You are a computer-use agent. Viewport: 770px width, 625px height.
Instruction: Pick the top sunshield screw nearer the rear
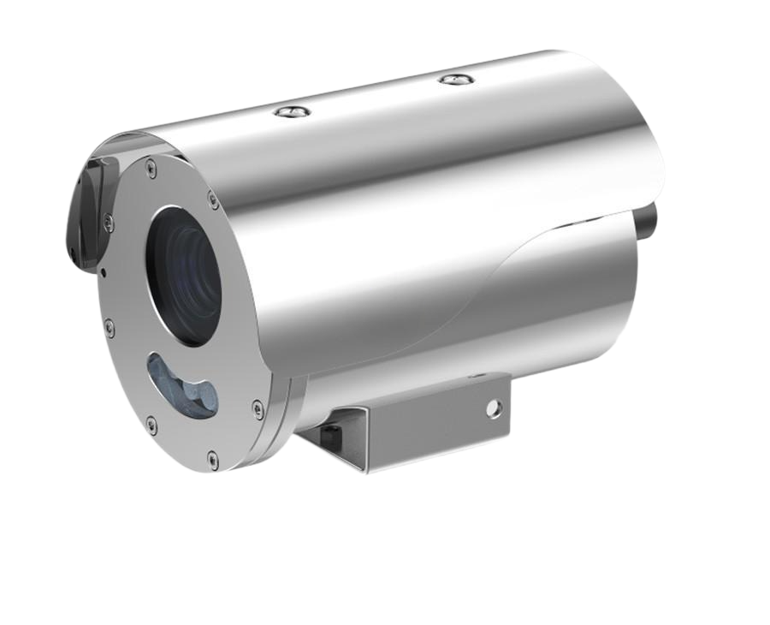[x=456, y=79]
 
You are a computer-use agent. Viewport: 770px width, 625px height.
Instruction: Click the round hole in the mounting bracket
[x=492, y=408]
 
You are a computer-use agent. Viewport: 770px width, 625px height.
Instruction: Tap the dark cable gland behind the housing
[x=648, y=220]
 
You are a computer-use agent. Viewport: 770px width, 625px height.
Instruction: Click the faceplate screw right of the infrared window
[x=258, y=407]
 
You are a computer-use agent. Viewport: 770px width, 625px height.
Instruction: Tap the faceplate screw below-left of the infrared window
[x=151, y=422]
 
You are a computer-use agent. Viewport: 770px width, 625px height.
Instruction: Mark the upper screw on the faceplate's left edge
[x=109, y=224]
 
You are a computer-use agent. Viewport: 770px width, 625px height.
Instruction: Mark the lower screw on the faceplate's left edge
[x=109, y=326]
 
